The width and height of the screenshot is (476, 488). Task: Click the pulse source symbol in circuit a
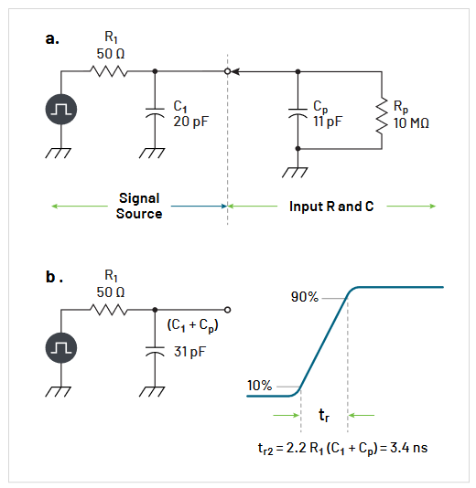[62, 110]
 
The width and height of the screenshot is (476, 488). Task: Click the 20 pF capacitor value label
[189, 121]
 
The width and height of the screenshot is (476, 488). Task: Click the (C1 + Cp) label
[192, 326]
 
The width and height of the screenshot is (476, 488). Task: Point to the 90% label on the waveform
[305, 298]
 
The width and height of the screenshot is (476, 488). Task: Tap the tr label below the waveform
[324, 416]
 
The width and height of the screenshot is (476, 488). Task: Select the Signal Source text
[139, 206]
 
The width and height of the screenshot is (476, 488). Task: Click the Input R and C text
[331, 207]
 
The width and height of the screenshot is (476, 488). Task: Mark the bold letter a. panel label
[51, 38]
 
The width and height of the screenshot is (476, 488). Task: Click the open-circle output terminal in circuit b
[227, 308]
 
